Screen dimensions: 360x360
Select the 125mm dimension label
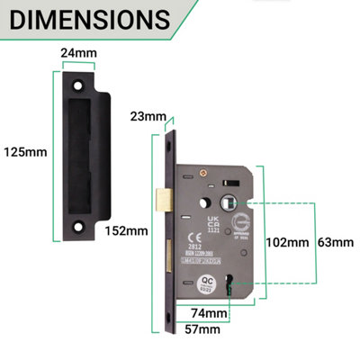point(25,151)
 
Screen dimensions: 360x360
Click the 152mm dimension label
point(126,230)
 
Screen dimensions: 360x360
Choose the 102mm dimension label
point(287,242)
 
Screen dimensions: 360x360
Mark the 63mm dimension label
point(336,242)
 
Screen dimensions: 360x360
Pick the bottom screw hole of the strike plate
point(83,217)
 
